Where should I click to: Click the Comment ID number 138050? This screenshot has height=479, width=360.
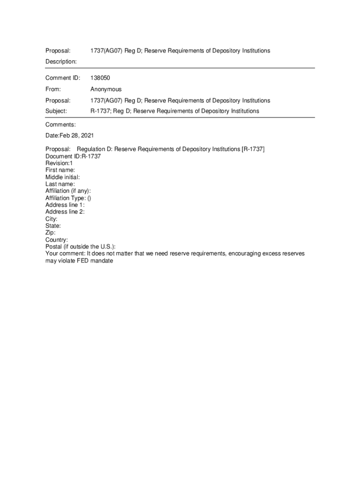click(100, 78)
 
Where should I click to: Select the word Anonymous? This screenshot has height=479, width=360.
click(106, 89)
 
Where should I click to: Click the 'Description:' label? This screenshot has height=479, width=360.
click(61, 62)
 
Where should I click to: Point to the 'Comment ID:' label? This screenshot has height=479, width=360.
click(63, 78)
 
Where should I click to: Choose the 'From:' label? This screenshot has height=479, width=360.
click(53, 89)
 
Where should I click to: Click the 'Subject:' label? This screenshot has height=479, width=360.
click(56, 111)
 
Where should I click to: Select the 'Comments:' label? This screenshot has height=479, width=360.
click(60, 124)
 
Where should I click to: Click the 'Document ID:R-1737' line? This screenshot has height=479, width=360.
click(73, 156)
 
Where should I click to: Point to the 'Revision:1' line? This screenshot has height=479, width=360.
click(59, 163)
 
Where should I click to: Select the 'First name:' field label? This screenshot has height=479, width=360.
click(60, 170)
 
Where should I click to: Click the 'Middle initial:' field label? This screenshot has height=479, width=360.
click(62, 177)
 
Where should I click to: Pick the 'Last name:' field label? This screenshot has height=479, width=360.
click(60, 184)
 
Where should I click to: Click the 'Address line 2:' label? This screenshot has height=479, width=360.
click(65, 212)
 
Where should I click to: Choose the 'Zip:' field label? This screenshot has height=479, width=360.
click(50, 232)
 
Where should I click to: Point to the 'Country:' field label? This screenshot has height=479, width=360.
click(57, 240)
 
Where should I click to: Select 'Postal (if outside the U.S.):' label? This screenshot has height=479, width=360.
click(80, 247)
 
